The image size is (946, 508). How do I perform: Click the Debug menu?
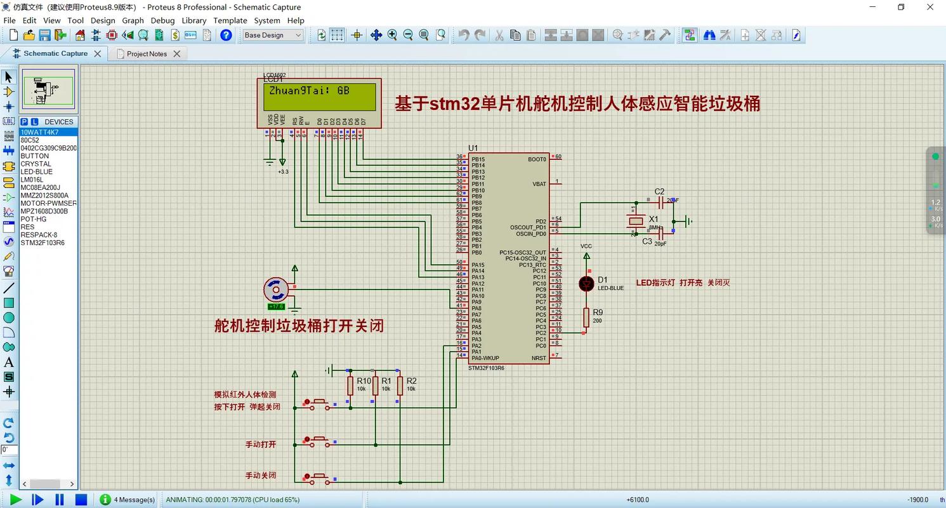pos(162,20)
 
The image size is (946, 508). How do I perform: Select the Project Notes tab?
pos(147,54)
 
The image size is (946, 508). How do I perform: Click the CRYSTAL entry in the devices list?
pos(36,164)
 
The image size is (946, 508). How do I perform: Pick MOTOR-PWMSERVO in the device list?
pos(48,203)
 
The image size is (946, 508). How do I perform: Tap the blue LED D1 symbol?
pos(586,284)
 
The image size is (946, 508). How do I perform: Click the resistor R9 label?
pos(598,312)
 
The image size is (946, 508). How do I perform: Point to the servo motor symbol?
pos(276,290)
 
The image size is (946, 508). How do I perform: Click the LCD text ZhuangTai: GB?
pos(309,91)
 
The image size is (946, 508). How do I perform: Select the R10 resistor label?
pos(364,381)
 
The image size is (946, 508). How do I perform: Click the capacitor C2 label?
pos(659,192)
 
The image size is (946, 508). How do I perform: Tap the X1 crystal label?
pos(654,219)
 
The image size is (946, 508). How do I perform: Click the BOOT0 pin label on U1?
pos(537,159)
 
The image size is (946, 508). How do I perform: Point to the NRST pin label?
pos(539,358)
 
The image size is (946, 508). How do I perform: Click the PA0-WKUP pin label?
pos(485,358)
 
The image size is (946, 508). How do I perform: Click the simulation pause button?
pos(60,500)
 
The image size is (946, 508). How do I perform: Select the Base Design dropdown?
pos(273,36)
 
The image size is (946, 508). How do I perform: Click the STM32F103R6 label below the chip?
pos(486,368)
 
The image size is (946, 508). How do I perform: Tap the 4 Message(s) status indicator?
pos(134,500)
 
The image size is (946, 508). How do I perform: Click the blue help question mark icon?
pos(226,36)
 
